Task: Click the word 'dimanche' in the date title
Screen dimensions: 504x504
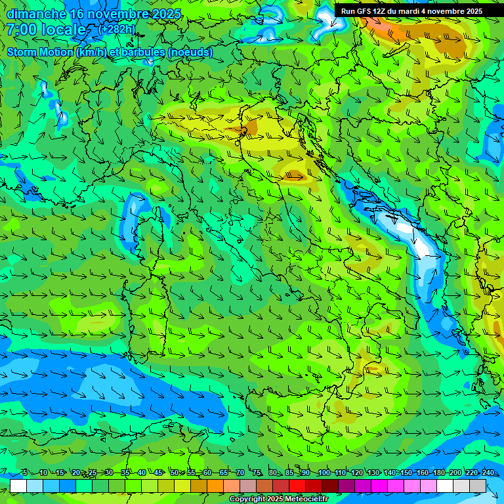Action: pos(37,13)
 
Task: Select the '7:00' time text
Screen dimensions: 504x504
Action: pos(22,30)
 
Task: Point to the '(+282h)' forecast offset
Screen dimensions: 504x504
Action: pos(116,29)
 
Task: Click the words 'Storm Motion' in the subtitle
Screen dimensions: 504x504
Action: pos(40,52)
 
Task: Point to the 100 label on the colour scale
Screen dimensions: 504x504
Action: pos(324,472)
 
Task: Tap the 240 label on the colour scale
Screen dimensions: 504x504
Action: pos(488,472)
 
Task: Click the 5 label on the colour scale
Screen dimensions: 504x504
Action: pos(25,472)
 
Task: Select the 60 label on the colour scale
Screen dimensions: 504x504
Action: pos(207,472)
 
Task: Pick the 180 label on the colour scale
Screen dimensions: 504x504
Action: pos(438,472)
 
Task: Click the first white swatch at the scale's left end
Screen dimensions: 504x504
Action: pos(18,486)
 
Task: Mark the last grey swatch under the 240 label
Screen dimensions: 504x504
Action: pos(478,486)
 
